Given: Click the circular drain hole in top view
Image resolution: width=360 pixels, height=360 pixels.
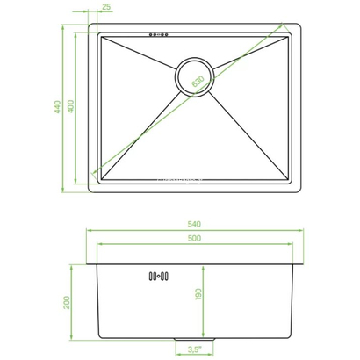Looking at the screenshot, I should [194, 77].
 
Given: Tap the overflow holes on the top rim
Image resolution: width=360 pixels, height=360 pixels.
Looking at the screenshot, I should [160, 36].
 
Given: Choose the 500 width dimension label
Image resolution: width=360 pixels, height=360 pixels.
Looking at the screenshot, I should [194, 240].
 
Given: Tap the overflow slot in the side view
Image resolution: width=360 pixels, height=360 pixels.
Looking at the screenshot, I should [160, 276].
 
